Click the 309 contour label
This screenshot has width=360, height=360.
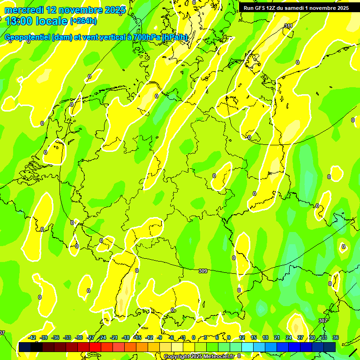[x=203, y=271]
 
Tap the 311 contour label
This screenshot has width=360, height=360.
[x=288, y=26]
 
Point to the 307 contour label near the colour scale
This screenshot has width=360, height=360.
[x=322, y=321]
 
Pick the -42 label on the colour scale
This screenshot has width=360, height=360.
[x=32, y=337]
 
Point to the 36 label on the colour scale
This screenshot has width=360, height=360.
[x=335, y=337]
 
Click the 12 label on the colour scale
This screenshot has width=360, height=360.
[x=242, y=337]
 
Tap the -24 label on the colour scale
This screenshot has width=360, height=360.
[x=103, y=337]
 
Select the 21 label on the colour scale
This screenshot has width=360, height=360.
[x=277, y=337]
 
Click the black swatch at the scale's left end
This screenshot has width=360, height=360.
[x=24, y=347]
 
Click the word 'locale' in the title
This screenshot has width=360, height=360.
[x=51, y=21]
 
